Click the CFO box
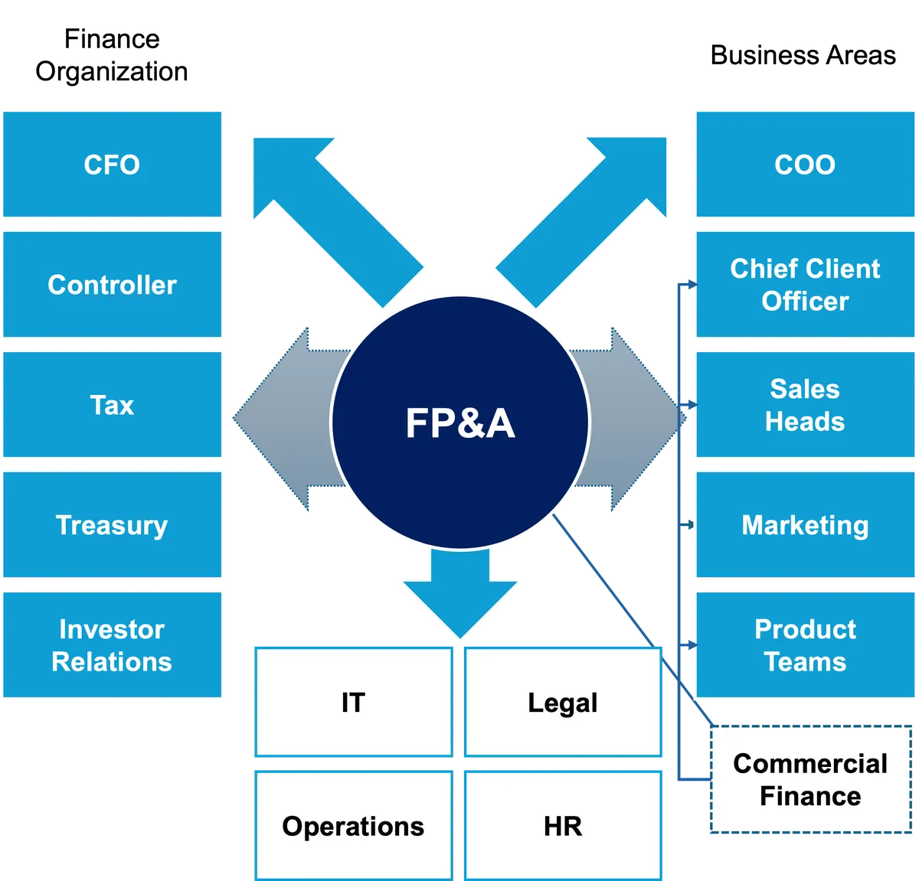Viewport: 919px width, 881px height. pos(112,165)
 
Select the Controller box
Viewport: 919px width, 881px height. pos(112,284)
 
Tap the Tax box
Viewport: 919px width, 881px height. pos(112,404)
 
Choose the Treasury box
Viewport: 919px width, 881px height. pos(112,524)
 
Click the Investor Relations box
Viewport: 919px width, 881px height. pos(112,644)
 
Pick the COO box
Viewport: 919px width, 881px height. pos(805,165)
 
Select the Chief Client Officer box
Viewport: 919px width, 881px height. pos(805,284)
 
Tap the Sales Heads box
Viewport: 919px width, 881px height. pos(805,404)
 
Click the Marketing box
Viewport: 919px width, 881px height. pos(805,524)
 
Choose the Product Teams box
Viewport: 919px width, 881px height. pos(805,644)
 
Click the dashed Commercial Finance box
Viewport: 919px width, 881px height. pos(810,779)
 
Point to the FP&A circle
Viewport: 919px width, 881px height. pos(460,423)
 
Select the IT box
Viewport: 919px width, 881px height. pos(354,702)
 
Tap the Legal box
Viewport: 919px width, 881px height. pos(563,702)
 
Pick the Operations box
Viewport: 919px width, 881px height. pos(354,826)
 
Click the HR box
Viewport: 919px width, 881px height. pos(563,826)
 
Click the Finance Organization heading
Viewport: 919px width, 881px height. pos(112,55)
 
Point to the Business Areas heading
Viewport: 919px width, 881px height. pos(803,55)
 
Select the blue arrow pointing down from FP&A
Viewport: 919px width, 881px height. pos(460,594)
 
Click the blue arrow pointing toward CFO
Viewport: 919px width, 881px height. pos(338,222)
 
